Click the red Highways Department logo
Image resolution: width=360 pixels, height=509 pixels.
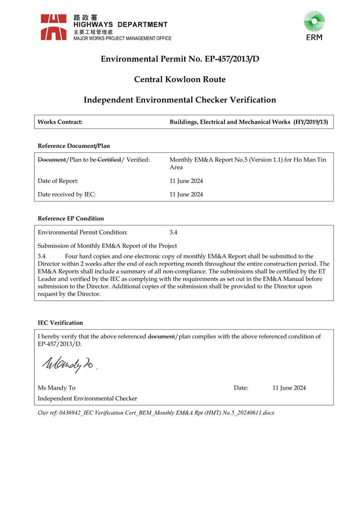coord(54,27)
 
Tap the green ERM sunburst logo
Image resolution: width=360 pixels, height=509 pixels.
coord(314,22)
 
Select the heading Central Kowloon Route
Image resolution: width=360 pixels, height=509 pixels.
coord(180,79)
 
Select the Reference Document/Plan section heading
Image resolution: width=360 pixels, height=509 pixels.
coord(74,146)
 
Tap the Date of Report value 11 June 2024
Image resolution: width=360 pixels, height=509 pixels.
coord(186,181)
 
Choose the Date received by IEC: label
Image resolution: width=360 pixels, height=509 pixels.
coord(67,195)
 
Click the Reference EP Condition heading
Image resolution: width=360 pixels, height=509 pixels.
coord(71,218)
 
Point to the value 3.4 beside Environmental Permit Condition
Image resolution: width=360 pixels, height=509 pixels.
coord(173,232)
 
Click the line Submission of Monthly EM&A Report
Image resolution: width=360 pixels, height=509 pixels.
coord(107,246)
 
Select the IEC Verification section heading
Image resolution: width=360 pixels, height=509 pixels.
coord(60,323)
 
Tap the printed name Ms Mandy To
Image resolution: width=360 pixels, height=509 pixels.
coord(57,388)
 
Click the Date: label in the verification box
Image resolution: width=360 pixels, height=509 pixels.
coord(241,388)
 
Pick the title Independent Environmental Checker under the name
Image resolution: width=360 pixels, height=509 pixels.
coord(88,398)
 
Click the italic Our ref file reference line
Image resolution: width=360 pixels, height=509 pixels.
coord(156,413)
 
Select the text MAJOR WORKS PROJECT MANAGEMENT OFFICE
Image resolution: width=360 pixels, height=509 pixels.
coord(122,39)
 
